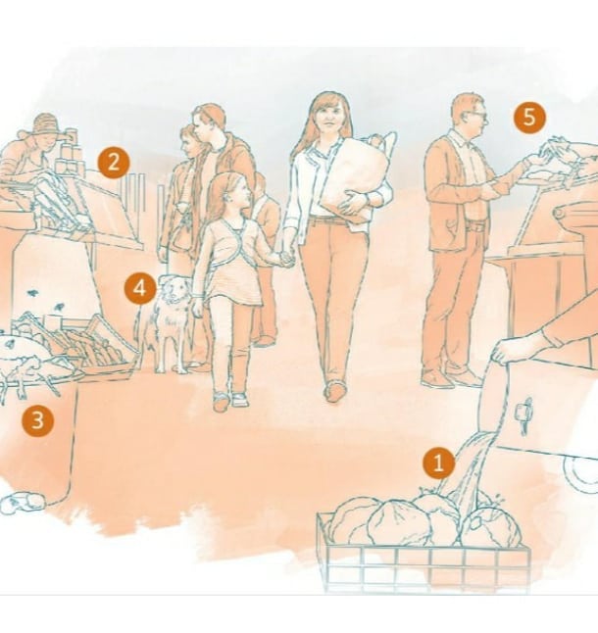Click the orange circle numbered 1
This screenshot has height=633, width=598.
(439, 463)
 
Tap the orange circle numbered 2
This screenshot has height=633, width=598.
(114, 163)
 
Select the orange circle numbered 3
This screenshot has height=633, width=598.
(37, 420)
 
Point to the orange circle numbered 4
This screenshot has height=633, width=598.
(140, 288)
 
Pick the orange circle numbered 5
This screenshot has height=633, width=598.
(529, 117)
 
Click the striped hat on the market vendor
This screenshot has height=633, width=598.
(46, 123)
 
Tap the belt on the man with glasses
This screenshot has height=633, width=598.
(475, 227)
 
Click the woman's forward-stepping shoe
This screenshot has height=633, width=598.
(334, 391)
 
